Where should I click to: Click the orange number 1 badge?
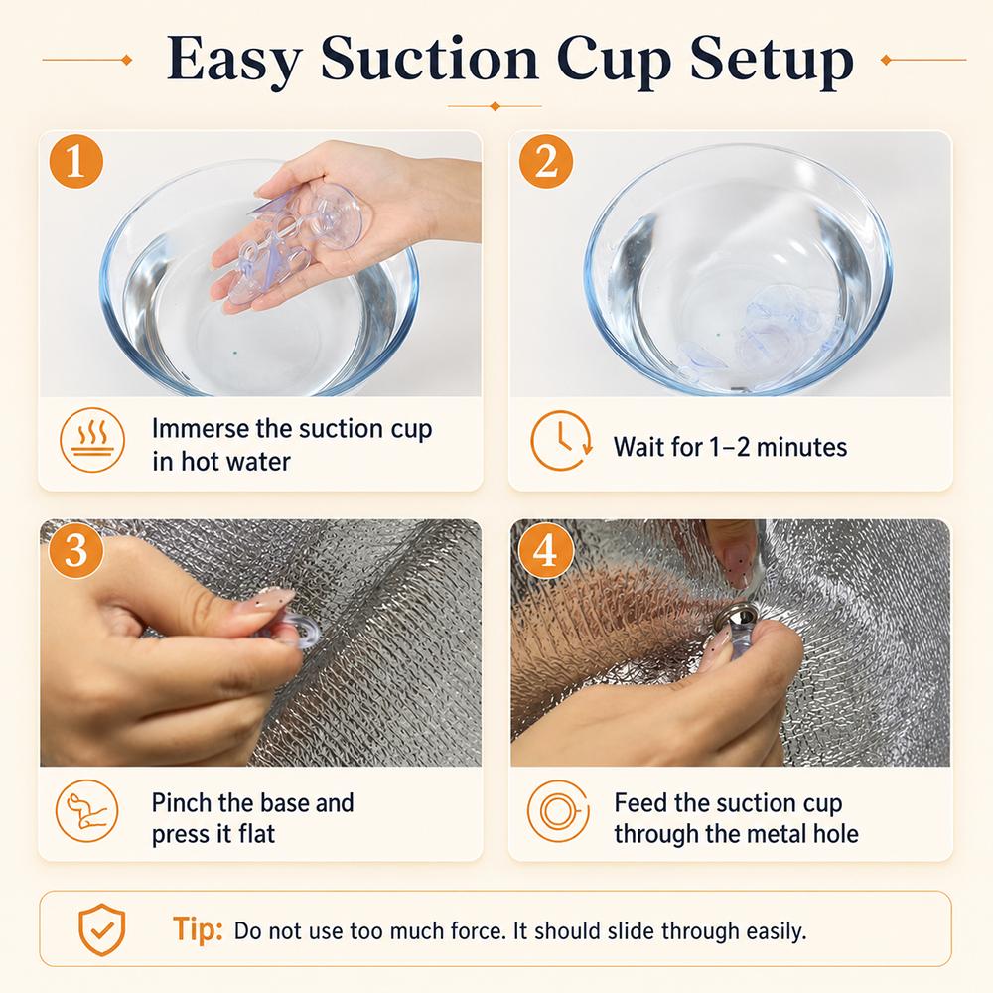(x=76, y=162)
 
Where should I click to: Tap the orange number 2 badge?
(x=546, y=162)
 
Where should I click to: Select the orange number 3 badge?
(x=76, y=550)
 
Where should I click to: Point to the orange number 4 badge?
(x=546, y=550)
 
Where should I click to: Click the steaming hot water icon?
(x=92, y=440)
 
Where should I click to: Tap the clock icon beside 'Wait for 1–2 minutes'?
(x=561, y=441)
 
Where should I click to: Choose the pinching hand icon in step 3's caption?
(x=87, y=811)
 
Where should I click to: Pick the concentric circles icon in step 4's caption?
(x=558, y=811)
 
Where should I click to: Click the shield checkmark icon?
(x=102, y=929)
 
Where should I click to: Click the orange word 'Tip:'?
(x=198, y=929)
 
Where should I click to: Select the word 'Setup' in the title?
(x=772, y=62)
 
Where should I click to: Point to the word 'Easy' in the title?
(x=233, y=62)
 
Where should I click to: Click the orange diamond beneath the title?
(x=496, y=106)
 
